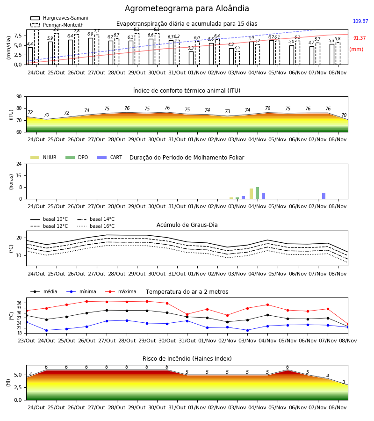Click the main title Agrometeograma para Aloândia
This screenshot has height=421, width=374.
tap(187, 8)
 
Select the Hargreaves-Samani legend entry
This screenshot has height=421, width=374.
tap(59, 18)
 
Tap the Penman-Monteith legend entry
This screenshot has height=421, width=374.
tap(57, 25)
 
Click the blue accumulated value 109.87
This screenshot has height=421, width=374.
tap(360, 21)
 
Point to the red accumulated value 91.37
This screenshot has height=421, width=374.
tap(360, 38)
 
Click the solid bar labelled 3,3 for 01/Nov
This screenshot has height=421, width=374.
tap(191, 58)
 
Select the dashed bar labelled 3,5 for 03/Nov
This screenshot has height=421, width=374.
tap(237, 58)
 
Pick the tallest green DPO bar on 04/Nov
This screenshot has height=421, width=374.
tap(257, 193)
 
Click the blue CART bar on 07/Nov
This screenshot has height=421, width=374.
tap(324, 196)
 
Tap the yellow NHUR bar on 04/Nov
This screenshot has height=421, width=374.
tap(252, 194)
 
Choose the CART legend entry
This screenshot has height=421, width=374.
tap(110, 157)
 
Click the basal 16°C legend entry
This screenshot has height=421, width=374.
tap(96, 226)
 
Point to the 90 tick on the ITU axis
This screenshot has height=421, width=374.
tap(19, 97)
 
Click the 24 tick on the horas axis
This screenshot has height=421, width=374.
tap(19, 164)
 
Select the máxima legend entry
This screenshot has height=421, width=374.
tap(121, 291)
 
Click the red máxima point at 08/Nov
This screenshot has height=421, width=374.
tap(348, 324)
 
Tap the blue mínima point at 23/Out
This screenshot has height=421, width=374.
tap(26, 322)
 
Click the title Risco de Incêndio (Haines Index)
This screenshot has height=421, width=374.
tap(187, 359)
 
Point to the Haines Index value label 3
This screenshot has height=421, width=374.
tap(344, 382)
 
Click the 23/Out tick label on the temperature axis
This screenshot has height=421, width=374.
tap(26, 341)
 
